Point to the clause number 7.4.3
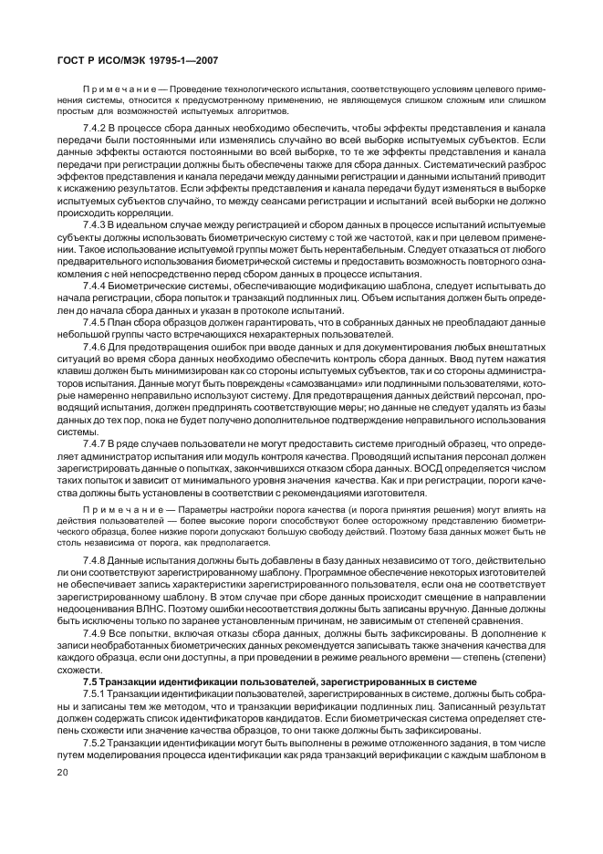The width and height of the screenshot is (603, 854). click(x=95, y=223)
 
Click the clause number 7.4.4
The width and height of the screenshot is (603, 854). click(x=95, y=286)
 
